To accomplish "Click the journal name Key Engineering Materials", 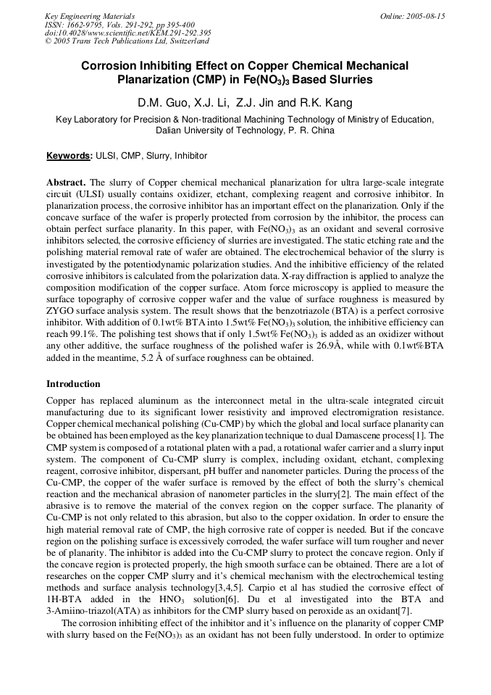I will click(x=90, y=16).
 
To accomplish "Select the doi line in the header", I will click(x=128, y=33).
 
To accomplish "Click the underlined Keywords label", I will click(x=69, y=156).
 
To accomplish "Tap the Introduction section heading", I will click(x=73, y=383).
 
